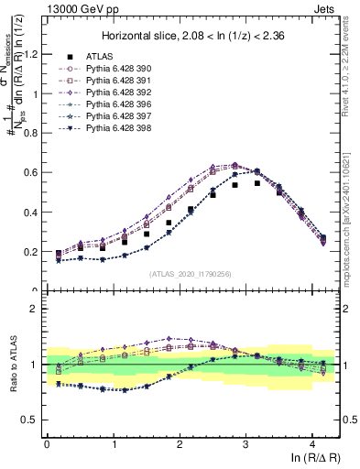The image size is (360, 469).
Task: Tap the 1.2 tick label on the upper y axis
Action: point(30,54)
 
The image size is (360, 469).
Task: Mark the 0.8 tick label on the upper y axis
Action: point(30,133)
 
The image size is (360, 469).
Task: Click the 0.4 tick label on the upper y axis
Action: point(30,213)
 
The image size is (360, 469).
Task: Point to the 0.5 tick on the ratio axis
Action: point(30,420)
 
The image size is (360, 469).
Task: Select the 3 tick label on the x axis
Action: point(272,443)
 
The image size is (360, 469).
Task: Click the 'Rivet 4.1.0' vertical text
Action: point(352,64)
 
